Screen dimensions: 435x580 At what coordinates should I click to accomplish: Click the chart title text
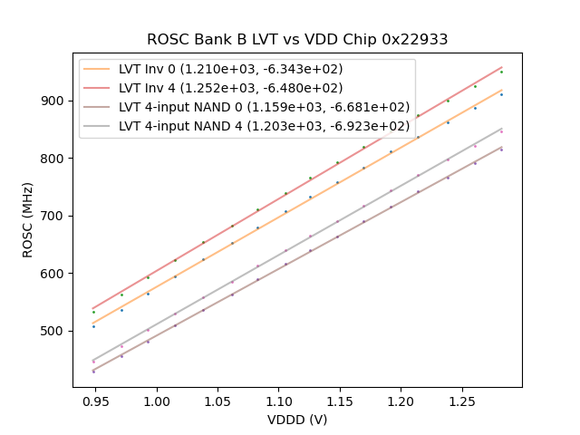click(x=297, y=40)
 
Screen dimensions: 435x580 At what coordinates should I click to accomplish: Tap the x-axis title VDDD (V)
click(x=297, y=420)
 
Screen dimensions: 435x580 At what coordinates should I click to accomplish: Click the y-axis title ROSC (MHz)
click(x=28, y=217)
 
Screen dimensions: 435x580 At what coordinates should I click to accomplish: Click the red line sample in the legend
click(x=99, y=88)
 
